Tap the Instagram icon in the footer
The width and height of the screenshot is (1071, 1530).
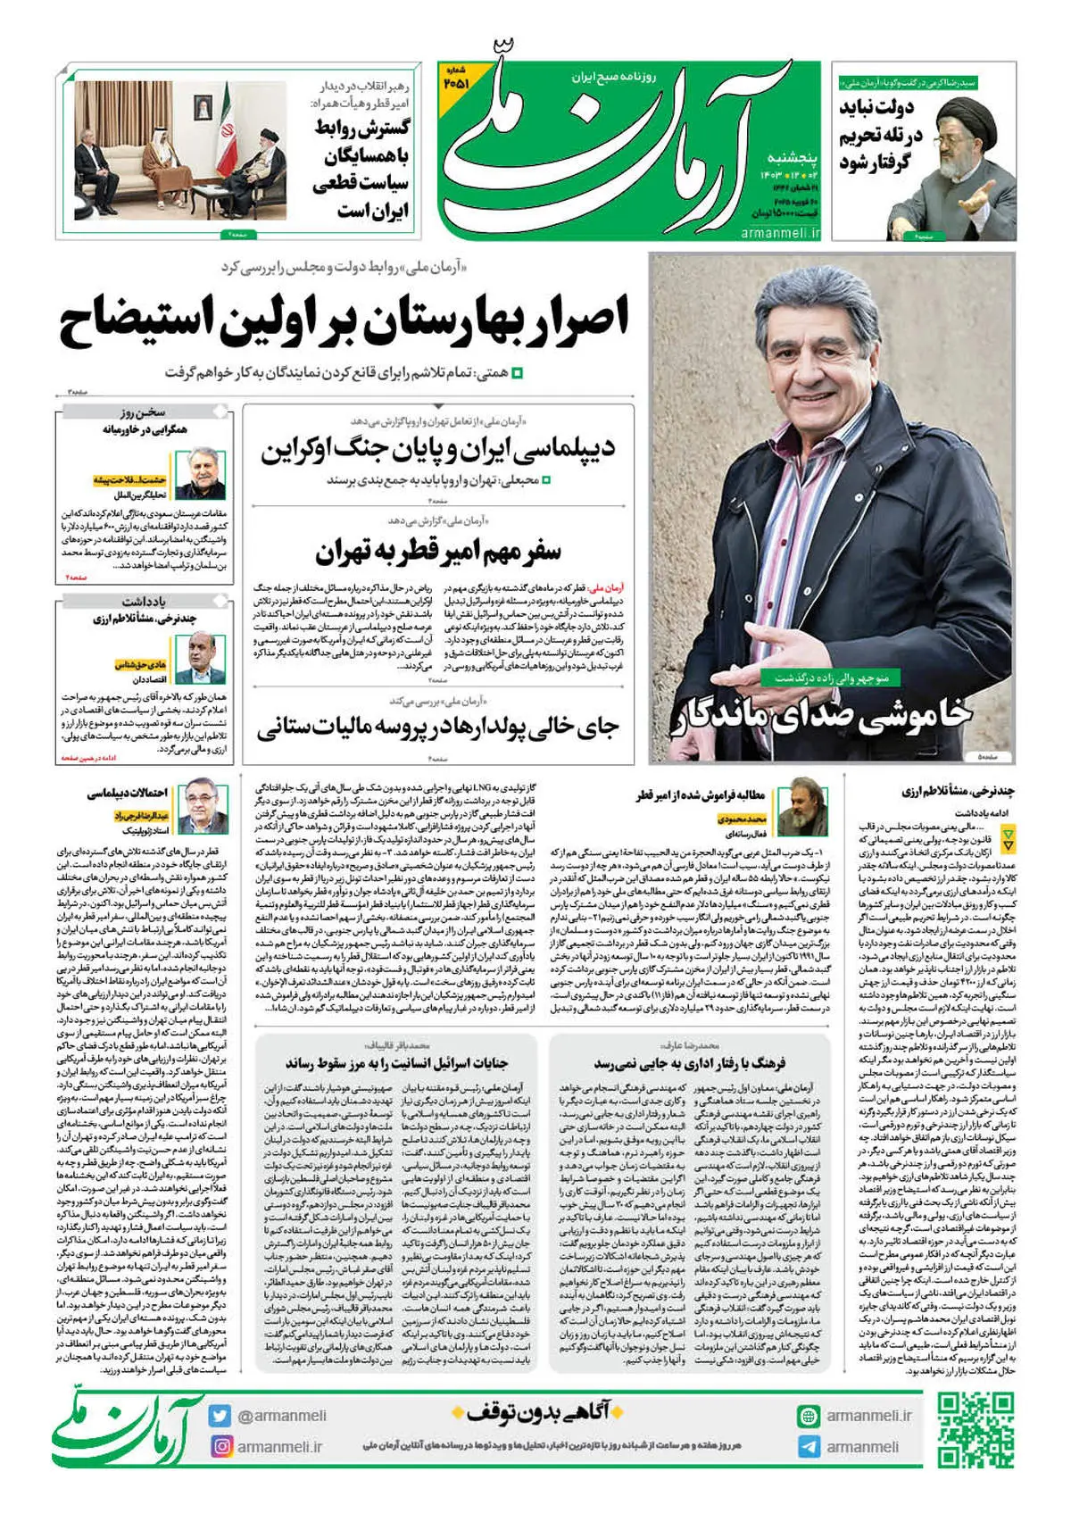[220, 1446]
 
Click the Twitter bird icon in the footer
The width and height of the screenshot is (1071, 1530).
[220, 1415]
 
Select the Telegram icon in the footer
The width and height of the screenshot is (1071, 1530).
[809, 1446]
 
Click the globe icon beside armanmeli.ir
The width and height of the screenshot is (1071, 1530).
[809, 1416]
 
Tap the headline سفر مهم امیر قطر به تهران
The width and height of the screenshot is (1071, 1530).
[437, 551]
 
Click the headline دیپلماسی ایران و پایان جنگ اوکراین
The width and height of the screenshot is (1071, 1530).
[437, 448]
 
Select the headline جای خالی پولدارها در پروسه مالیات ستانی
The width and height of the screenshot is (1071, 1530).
[437, 728]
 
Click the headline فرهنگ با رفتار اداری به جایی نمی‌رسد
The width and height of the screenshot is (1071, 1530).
[690, 1063]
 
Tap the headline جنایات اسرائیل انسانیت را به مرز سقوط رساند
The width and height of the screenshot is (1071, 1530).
[397, 1063]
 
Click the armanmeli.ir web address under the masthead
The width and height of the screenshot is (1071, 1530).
[780, 232]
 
